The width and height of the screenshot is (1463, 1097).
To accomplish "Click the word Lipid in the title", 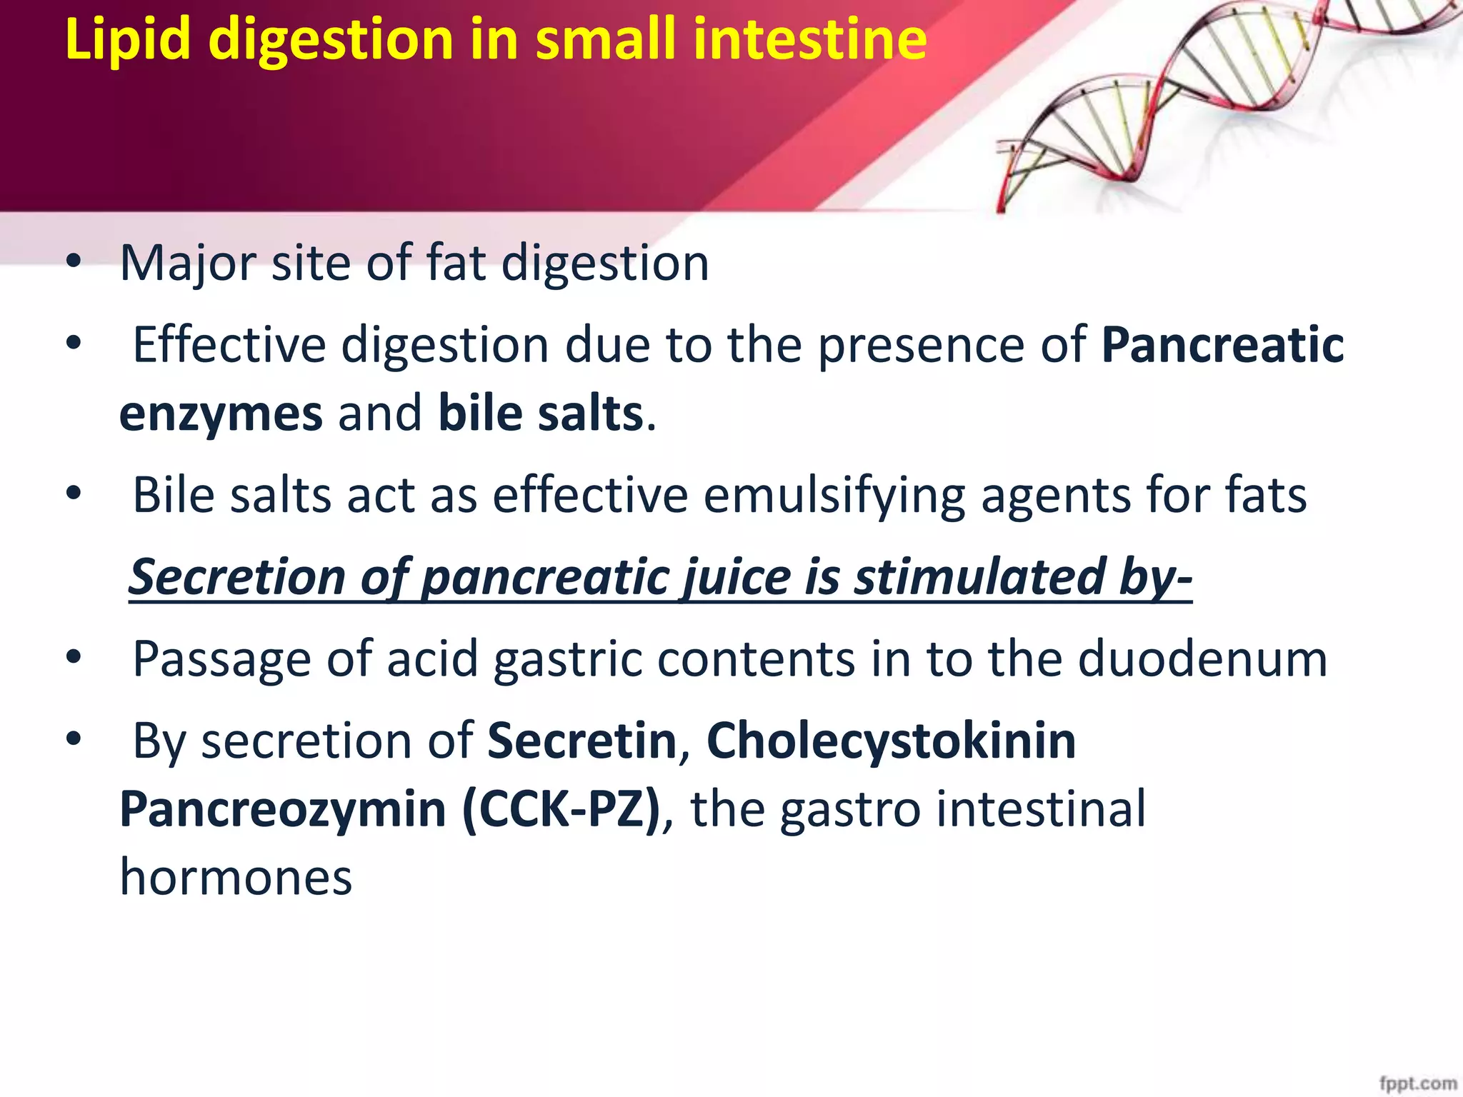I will pyautogui.click(x=127, y=39).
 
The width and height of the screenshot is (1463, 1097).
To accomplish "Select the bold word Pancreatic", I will pyautogui.click(x=1222, y=346).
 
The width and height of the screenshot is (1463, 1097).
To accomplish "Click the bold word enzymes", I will pyautogui.click(x=221, y=414).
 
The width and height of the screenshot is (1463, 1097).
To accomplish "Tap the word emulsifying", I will pyautogui.click(x=834, y=496).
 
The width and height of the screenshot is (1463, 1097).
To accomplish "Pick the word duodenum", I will pyautogui.click(x=1202, y=658).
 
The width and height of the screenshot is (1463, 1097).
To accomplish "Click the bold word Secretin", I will pyautogui.click(x=581, y=741).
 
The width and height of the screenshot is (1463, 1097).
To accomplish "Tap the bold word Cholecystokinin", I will pyautogui.click(x=891, y=741).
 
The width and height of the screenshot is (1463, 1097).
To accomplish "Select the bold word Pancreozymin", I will pyautogui.click(x=283, y=809).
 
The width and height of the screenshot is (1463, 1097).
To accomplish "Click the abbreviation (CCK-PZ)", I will pyautogui.click(x=561, y=809).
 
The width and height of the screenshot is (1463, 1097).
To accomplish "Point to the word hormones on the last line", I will pyautogui.click(x=236, y=877).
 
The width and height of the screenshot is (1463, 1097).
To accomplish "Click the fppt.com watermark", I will pyautogui.click(x=1417, y=1084).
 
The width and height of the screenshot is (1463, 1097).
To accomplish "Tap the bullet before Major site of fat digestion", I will pyautogui.click(x=74, y=263).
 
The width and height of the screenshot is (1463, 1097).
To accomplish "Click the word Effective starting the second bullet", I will pyautogui.click(x=229, y=346).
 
